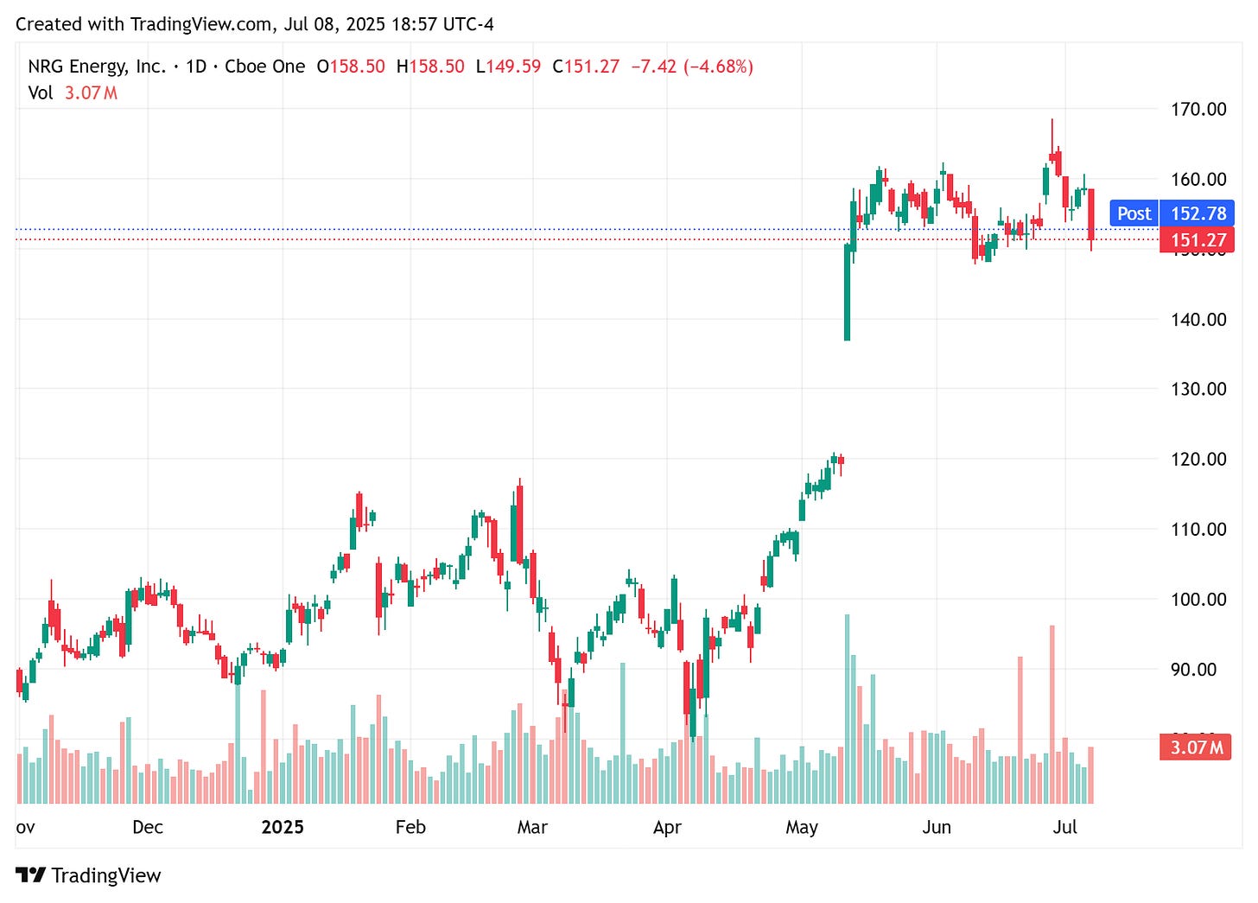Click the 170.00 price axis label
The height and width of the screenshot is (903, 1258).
(1198, 109)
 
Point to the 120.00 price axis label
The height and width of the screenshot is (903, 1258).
(1198, 459)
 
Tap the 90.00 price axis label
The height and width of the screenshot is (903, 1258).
(1193, 669)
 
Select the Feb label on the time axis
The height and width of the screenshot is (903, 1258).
(410, 827)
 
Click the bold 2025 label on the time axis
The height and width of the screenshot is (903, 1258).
(283, 827)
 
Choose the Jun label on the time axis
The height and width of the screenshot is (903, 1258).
(937, 827)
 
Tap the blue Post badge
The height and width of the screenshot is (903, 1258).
(1134, 213)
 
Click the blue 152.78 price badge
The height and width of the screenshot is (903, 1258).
(1198, 213)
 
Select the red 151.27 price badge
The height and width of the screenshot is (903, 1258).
(1198, 240)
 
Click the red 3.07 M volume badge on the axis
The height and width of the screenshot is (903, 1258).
(1196, 747)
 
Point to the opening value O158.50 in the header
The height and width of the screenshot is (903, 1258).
(351, 67)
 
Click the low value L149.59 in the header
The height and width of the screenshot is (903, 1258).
(508, 67)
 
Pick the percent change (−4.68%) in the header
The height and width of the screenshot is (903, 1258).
(718, 67)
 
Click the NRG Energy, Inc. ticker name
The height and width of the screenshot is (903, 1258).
(97, 67)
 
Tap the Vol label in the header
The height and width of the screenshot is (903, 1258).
(40, 92)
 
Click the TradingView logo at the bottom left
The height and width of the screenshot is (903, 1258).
(88, 875)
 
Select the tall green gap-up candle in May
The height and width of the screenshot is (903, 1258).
(847, 292)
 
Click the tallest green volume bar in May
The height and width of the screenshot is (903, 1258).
(847, 709)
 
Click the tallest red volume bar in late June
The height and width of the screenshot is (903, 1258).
(1052, 714)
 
